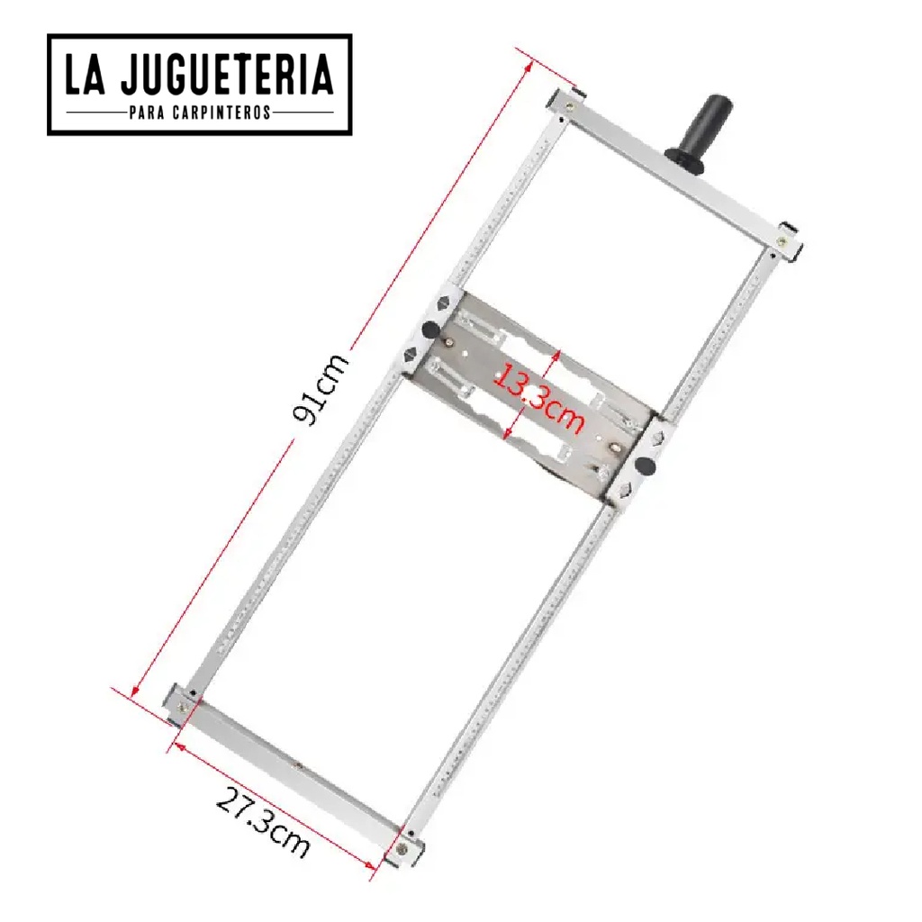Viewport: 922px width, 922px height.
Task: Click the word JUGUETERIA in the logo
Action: pos(227,75)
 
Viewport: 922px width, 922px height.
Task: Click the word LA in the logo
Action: pos(85,75)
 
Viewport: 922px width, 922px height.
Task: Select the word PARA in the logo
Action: pos(147,113)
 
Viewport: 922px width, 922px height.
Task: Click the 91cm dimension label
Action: pos(321,389)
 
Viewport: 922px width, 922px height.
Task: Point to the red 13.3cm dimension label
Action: pos(538,397)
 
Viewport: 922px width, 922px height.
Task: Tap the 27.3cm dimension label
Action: pos(263,823)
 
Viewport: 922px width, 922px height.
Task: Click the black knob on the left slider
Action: pos(431,330)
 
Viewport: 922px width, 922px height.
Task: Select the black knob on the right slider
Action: pos(645,466)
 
